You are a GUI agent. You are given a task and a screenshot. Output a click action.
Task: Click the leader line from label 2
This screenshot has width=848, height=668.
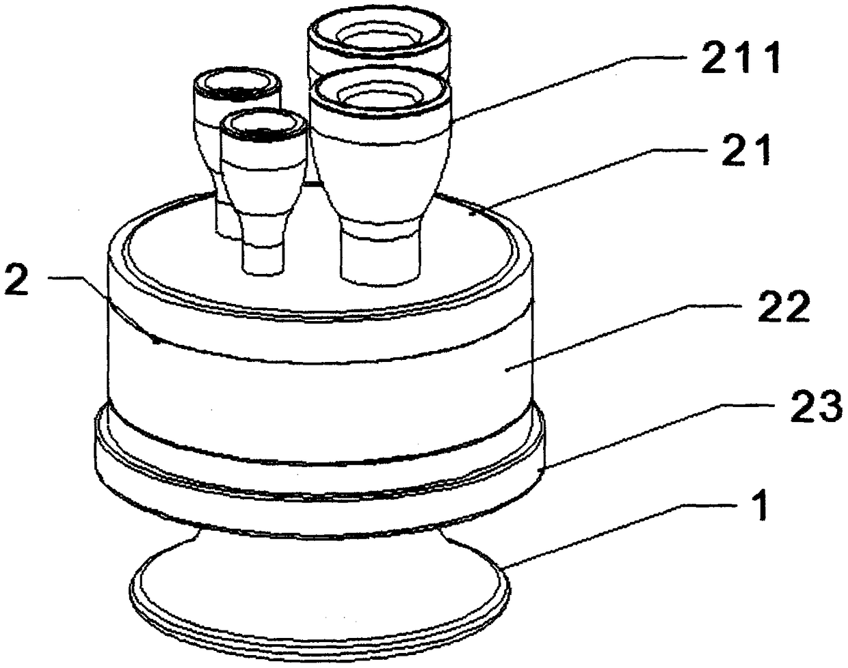pyautogui.click(x=103, y=307)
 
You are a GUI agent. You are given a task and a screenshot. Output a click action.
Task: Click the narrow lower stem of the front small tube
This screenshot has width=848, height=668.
pyautogui.click(x=262, y=253)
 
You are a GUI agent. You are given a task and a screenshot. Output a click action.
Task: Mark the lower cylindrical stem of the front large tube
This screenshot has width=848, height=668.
pyautogui.click(x=380, y=256)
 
